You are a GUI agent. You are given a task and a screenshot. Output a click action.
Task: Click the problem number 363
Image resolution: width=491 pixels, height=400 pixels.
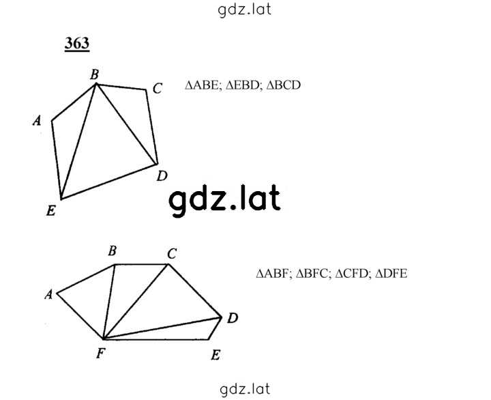click(77, 43)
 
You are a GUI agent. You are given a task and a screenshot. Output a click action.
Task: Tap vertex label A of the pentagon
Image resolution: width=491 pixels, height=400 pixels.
click(37, 120)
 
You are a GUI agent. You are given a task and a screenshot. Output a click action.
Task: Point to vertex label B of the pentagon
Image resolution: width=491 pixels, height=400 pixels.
click(95, 74)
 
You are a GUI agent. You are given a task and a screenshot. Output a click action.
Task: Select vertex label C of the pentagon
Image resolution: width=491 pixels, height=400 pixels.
click(158, 88)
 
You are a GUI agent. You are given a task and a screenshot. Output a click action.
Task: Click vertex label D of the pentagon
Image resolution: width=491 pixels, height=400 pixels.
click(162, 176)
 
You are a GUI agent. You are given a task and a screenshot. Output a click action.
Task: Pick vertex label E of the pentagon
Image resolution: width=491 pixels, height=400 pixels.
click(51, 210)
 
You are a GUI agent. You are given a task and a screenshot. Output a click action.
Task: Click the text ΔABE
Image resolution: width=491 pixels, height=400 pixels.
click(202, 85)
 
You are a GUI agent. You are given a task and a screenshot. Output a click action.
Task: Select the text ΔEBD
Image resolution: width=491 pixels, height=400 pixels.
click(242, 85)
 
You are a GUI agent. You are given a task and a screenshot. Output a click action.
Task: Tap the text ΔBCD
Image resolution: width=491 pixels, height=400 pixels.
click(284, 85)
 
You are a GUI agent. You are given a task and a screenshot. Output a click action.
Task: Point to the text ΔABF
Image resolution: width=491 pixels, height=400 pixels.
click(272, 274)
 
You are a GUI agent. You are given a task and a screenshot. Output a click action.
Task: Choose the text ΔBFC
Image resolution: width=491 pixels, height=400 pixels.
click(312, 274)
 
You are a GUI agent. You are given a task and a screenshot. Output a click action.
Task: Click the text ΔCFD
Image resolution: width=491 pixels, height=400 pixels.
click(352, 274)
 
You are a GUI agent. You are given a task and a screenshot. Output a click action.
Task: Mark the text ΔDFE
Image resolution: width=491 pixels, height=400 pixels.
click(391, 274)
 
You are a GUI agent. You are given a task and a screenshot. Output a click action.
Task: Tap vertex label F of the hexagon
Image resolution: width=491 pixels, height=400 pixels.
click(100, 354)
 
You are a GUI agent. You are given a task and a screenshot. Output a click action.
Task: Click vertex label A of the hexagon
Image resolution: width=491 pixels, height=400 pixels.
click(48, 294)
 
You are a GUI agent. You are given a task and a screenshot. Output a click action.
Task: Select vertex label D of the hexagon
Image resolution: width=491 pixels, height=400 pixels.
click(233, 318)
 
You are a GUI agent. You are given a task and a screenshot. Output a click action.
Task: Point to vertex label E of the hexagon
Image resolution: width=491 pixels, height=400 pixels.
click(215, 355)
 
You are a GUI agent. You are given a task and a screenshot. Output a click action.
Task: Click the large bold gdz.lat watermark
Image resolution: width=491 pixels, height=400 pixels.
click(224, 200)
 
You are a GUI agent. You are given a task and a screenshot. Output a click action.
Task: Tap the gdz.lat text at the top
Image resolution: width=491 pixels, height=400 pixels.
click(244, 10)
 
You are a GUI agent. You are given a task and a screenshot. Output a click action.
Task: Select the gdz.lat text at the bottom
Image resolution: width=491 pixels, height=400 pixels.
click(245, 389)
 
